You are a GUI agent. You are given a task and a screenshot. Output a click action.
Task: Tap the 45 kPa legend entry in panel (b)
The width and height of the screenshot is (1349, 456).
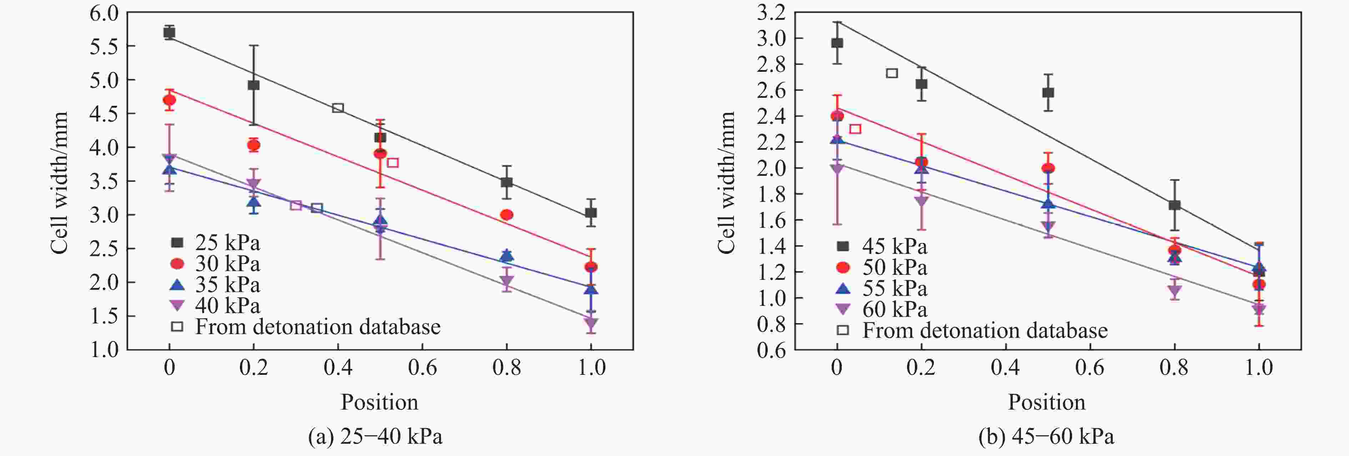tap(883, 246)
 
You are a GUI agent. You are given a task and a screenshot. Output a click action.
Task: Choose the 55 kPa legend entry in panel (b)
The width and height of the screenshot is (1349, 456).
tap(883, 288)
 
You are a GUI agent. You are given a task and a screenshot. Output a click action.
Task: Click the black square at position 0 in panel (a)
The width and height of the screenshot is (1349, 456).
tap(169, 33)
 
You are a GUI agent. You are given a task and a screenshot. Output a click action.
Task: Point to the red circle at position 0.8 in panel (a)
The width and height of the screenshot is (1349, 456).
tap(507, 215)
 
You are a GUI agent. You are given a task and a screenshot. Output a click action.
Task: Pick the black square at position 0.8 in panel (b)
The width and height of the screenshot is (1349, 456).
tap(1174, 205)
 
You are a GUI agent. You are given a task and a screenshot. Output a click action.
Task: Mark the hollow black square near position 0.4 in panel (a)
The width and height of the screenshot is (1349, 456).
tap(338, 108)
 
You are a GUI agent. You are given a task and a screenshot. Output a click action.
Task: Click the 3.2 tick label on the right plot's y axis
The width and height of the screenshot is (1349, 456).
tap(771, 13)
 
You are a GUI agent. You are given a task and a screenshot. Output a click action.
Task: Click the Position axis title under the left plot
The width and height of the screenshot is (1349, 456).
tap(380, 402)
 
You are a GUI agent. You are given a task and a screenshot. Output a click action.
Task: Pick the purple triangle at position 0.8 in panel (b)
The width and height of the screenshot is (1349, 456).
tap(1174, 291)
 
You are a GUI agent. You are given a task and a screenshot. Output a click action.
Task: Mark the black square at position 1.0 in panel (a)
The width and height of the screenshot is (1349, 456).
tap(591, 213)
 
